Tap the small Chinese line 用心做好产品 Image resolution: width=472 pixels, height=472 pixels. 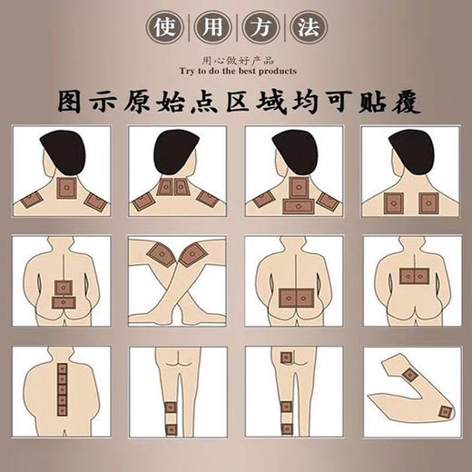tap(235, 57)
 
